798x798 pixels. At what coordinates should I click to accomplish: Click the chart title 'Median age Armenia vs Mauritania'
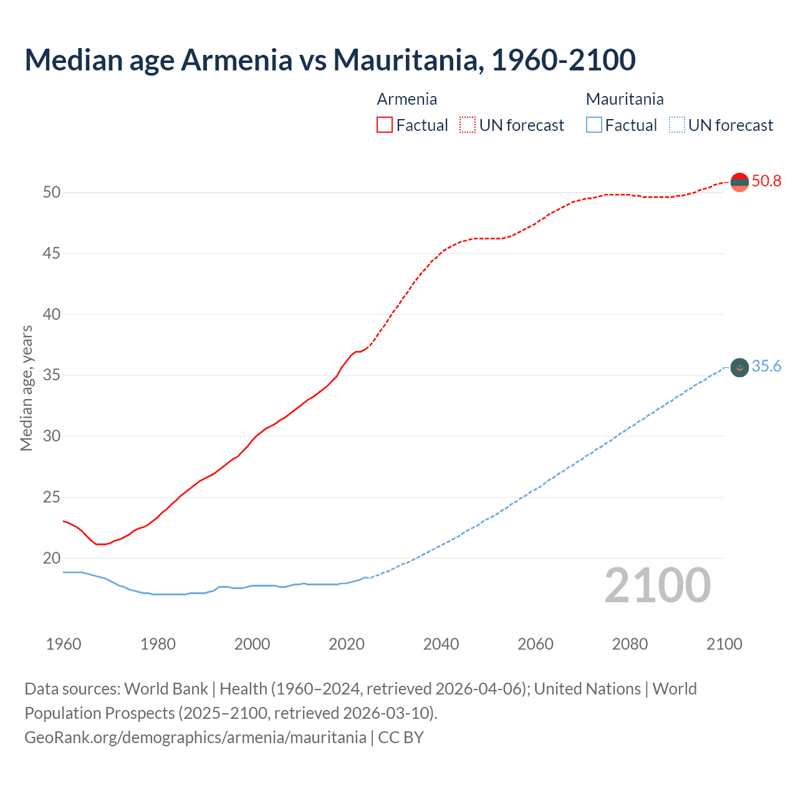tap(330, 60)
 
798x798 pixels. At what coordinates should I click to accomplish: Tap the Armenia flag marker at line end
tap(739, 182)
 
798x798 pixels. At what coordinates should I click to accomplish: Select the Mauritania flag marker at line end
tap(739, 367)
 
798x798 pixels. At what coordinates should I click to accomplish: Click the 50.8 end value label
tap(766, 181)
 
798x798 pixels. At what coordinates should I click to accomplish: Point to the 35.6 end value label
tap(766, 367)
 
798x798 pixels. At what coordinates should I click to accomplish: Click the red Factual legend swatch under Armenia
tap(385, 125)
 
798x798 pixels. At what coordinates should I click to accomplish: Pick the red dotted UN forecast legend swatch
tap(468, 125)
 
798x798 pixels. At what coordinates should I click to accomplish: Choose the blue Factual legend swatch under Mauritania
tap(594, 125)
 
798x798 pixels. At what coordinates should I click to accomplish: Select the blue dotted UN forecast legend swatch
tap(676, 125)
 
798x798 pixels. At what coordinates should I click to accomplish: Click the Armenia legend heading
tap(406, 99)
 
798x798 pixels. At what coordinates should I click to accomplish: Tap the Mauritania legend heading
tap(625, 99)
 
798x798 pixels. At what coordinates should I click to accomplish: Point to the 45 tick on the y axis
tap(52, 253)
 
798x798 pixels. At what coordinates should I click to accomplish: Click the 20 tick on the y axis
tap(52, 558)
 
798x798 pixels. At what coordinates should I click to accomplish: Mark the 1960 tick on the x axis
tap(64, 644)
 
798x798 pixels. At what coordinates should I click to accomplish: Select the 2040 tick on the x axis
tap(441, 644)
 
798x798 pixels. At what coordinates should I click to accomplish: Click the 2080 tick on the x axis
tap(630, 644)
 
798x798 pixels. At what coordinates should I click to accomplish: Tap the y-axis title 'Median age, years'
tap(26, 388)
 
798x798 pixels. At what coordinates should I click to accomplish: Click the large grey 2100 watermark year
tap(657, 585)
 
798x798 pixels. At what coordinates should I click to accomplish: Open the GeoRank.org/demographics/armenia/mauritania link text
tap(195, 738)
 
